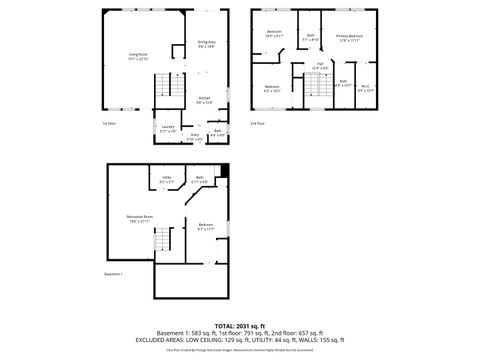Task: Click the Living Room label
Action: (139, 56)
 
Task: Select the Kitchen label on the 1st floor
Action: (203, 99)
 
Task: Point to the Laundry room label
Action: (167, 129)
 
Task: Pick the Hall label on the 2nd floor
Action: (320, 66)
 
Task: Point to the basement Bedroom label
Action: (205, 227)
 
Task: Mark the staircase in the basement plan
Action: (162, 240)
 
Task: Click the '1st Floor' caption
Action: (109, 123)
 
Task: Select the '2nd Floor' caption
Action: (257, 123)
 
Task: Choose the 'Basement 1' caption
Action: (113, 272)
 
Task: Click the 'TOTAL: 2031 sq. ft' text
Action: (240, 325)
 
